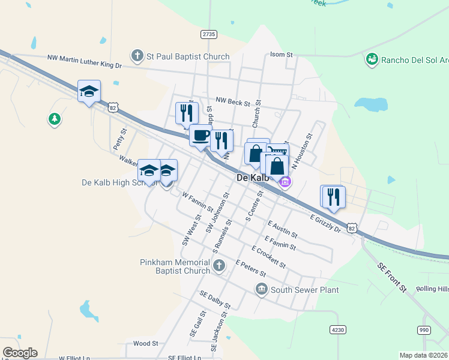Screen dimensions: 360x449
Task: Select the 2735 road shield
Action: coord(209,34)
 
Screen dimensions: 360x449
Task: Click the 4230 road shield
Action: coord(338,329)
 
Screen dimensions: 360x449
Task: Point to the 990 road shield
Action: coord(424,330)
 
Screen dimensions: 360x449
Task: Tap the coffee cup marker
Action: coord(200,136)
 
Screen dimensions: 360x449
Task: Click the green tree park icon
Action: coord(55,119)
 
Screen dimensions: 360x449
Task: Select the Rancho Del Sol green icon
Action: coord(372,59)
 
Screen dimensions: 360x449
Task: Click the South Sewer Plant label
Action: coord(304,290)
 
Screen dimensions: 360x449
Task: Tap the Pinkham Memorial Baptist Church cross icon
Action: coord(220,265)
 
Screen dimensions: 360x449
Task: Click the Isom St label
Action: coord(281,55)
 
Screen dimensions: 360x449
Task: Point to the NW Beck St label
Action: coord(232,102)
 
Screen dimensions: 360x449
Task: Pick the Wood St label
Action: coord(145,344)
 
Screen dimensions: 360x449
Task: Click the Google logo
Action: coord(20,353)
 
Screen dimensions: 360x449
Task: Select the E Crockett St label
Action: coord(269,257)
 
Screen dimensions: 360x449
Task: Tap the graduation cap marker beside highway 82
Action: coord(89,92)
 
